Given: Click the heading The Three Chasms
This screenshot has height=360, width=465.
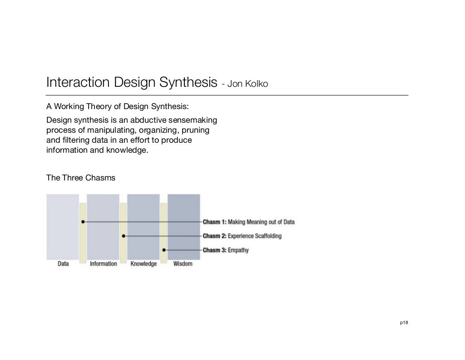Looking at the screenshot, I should [81, 178].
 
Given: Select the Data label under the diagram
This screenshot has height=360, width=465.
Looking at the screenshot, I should [63, 264].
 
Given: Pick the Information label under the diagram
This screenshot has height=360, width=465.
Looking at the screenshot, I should [103, 264].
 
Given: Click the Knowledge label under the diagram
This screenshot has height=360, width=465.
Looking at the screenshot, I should [143, 264].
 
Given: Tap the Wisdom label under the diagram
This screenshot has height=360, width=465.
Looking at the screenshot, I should [183, 264].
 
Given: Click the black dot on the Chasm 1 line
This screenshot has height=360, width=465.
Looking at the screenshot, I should [83, 222].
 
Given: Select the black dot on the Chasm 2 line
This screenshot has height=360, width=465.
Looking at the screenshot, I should [124, 236].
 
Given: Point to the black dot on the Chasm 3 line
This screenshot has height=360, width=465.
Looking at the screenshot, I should [164, 250].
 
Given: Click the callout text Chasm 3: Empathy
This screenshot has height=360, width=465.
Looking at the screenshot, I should [226, 250].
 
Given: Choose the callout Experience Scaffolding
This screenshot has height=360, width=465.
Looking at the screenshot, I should [254, 236].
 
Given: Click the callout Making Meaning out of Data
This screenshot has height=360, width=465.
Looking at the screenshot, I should [261, 222].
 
